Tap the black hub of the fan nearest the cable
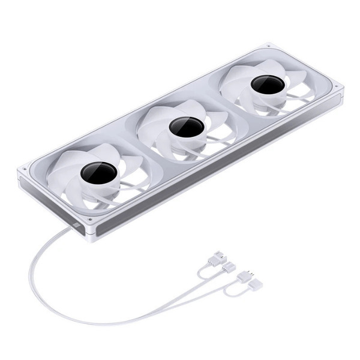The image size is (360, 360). (x=98, y=172)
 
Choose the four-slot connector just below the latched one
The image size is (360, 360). (x=228, y=268)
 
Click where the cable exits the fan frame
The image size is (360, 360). (x=77, y=224)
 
